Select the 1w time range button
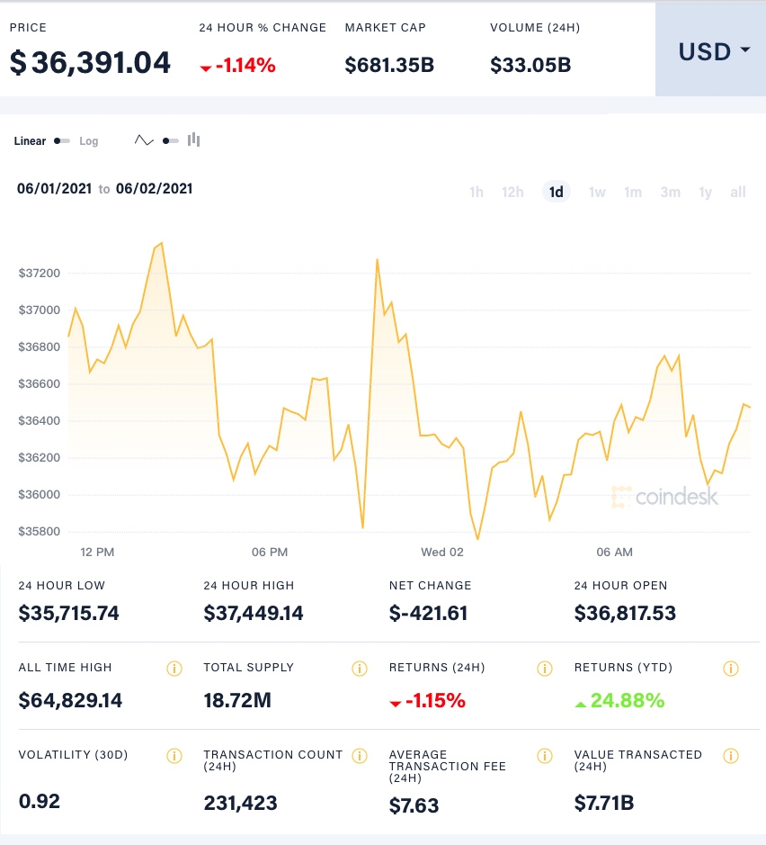click(597, 192)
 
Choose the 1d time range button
click(557, 192)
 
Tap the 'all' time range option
click(738, 192)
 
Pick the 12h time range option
click(512, 192)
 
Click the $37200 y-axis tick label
click(39, 273)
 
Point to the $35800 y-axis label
click(39, 531)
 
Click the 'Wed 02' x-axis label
click(442, 552)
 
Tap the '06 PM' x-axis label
click(270, 552)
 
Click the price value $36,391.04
click(90, 63)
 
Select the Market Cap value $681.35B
click(389, 65)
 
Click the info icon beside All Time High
click(174, 669)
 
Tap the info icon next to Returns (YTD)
click(731, 669)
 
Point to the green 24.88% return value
click(628, 700)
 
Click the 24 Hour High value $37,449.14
click(254, 614)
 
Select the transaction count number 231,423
click(240, 803)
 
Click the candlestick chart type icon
click(194, 140)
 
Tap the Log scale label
click(89, 141)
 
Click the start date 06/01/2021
click(54, 189)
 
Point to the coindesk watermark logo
click(665, 497)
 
